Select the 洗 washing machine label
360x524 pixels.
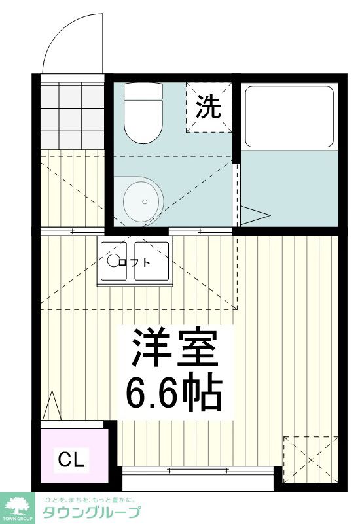tap(209, 107)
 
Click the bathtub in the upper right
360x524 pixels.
tap(289, 116)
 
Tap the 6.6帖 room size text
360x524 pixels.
tap(173, 391)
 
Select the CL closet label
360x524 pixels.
tap(72, 460)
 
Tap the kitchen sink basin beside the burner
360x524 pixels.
tap(153, 262)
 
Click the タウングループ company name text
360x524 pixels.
tap(92, 512)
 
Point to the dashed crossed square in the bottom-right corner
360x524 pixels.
tap(310, 461)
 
